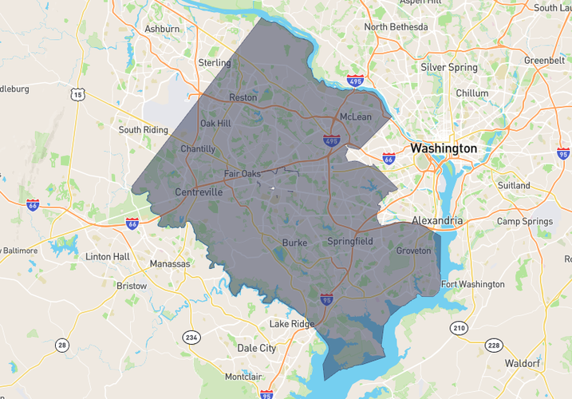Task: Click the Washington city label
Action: click(444, 148)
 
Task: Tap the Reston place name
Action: click(243, 97)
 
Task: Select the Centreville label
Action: click(199, 192)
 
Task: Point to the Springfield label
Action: click(350, 241)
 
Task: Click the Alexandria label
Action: click(437, 220)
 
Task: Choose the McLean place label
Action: click(356, 117)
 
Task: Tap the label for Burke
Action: click(294, 242)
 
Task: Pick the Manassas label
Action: click(170, 263)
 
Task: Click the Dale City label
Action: click(256, 348)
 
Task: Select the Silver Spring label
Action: click(449, 67)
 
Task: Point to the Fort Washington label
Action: click(473, 284)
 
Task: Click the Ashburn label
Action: click(162, 29)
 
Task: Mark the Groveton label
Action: click(413, 251)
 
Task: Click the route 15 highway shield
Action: click(77, 95)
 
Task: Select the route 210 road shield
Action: click(459, 327)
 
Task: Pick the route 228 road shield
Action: click(494, 345)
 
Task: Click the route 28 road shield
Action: click(61, 345)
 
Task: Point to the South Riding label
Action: click(143, 129)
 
